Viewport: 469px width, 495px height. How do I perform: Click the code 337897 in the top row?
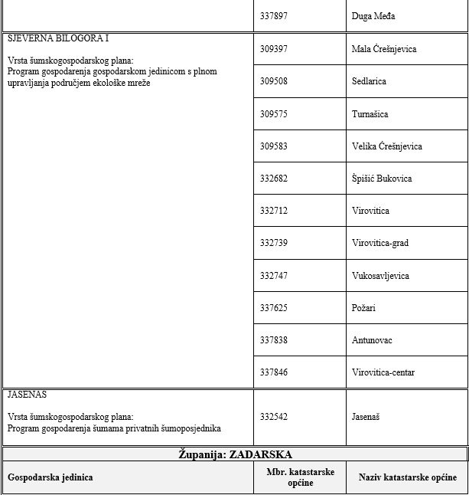pos(274,16)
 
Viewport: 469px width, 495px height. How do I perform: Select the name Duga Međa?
pos(373,16)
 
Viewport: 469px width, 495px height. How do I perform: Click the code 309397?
pos(274,49)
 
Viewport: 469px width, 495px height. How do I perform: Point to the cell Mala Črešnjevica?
pos(384,49)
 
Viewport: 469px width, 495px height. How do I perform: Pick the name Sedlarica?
pos(369,81)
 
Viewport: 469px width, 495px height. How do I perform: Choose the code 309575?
pos(274,114)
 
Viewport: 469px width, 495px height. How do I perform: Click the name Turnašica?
pos(370,114)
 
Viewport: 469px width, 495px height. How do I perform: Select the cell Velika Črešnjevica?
pos(387,146)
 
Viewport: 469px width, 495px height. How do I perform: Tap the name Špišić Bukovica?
pos(382,179)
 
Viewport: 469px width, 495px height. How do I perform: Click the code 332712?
pos(274,211)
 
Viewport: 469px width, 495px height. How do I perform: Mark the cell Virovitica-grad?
pos(380,243)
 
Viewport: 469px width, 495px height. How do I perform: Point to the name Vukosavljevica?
pos(380,276)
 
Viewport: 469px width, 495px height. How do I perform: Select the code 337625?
pos(274,308)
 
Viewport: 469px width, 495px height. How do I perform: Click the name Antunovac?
pos(372,340)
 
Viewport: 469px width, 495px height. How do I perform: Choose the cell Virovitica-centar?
pos(383,372)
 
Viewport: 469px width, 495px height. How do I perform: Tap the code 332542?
pos(274,417)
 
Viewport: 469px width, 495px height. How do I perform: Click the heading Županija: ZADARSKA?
pos(235,454)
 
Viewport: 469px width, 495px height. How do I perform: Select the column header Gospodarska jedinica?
pos(50,477)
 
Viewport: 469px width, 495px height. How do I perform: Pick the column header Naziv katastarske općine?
pos(408,477)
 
